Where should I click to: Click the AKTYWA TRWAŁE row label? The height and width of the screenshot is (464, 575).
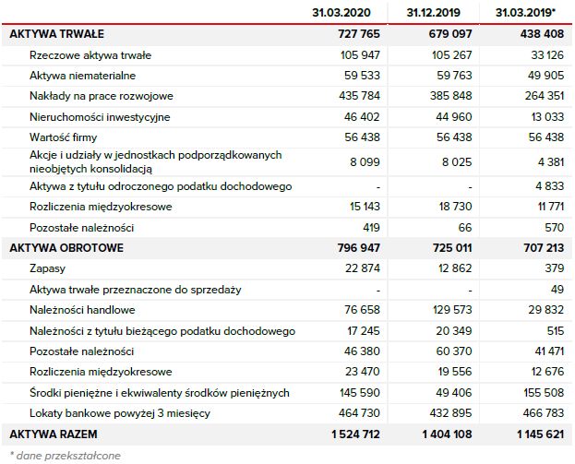[54, 33]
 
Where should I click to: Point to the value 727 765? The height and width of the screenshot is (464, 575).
[359, 33]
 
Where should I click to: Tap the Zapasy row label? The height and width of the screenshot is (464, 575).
[47, 268]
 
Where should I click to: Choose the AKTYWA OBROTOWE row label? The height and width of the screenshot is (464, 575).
[66, 248]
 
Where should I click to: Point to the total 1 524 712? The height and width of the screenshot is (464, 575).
[353, 433]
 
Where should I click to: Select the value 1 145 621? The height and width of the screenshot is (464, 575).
[534, 433]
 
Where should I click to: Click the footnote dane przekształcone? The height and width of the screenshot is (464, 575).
[66, 455]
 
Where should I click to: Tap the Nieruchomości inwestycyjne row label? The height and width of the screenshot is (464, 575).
[100, 117]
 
